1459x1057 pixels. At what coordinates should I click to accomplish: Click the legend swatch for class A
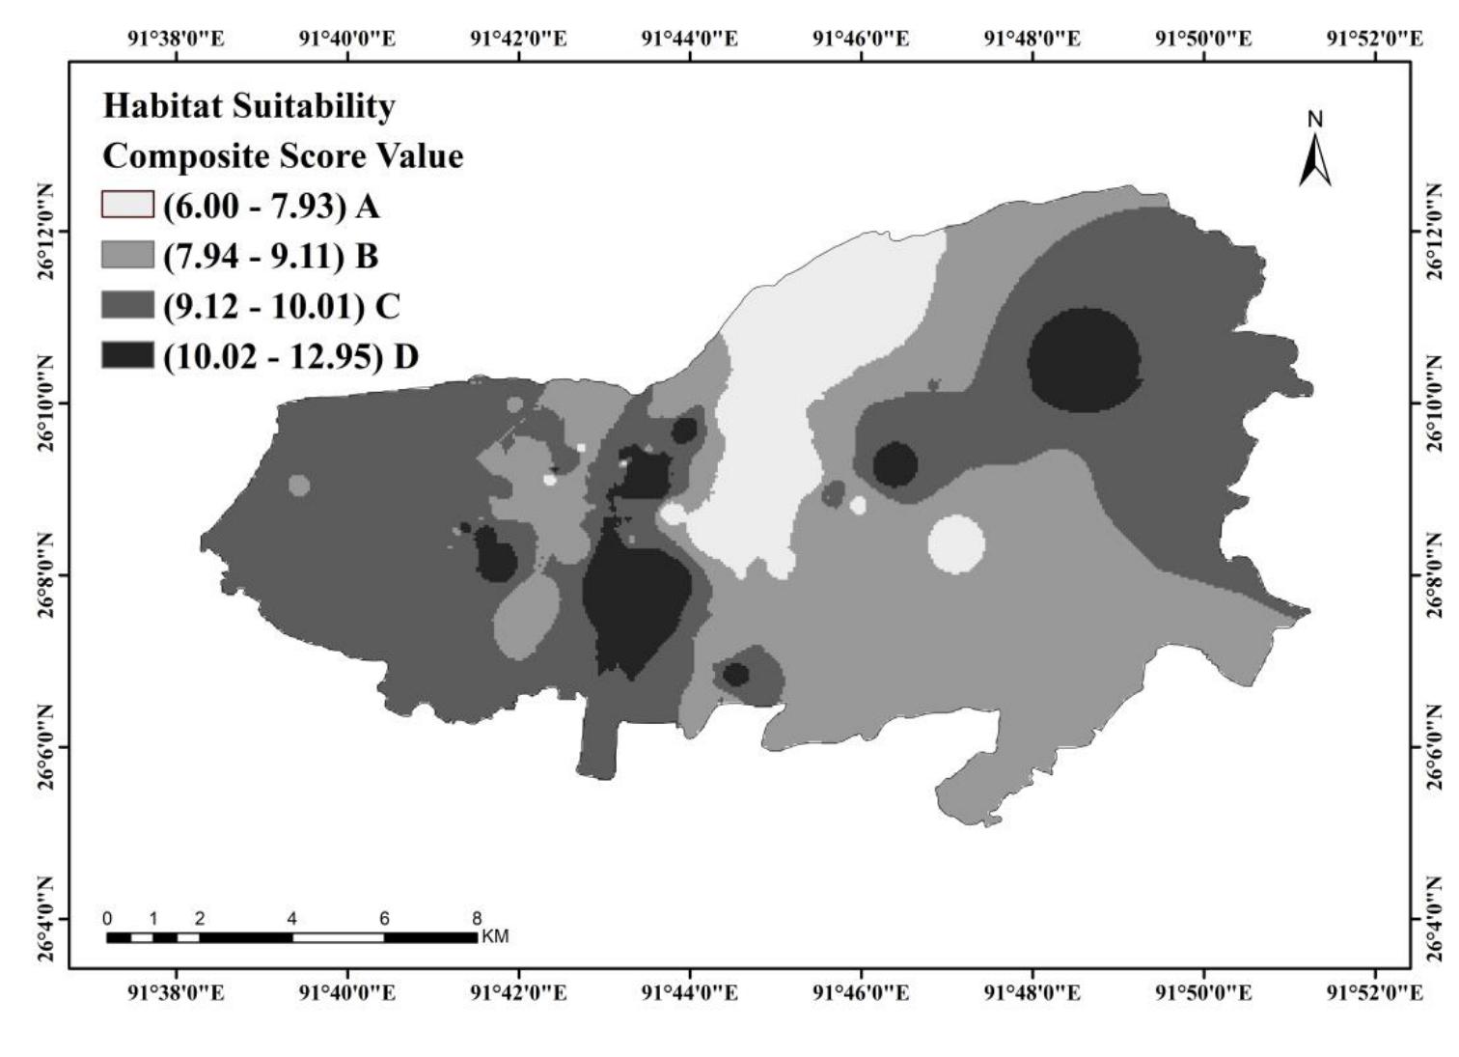[x=127, y=205]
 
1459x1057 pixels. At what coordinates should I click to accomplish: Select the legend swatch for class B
[x=127, y=255]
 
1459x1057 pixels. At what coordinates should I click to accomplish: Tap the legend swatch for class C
[x=127, y=306]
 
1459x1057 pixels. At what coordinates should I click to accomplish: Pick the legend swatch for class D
[x=127, y=356]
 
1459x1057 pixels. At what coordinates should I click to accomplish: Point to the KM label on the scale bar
[x=495, y=936]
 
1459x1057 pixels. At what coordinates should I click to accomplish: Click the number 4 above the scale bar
[x=291, y=919]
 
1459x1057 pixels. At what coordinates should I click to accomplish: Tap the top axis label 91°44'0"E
[x=690, y=39]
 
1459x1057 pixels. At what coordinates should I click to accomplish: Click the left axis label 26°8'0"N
[x=45, y=575]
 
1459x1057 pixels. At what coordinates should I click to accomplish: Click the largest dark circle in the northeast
[x=1084, y=360]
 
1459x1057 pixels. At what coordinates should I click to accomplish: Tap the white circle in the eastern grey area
[x=956, y=544]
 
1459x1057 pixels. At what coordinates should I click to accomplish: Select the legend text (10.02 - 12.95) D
[x=290, y=356]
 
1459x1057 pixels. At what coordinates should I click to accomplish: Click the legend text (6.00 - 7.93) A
[x=271, y=206]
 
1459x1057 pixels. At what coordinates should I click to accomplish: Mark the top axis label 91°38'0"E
[x=176, y=39]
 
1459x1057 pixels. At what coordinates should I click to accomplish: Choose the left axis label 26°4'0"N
[x=45, y=917]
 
